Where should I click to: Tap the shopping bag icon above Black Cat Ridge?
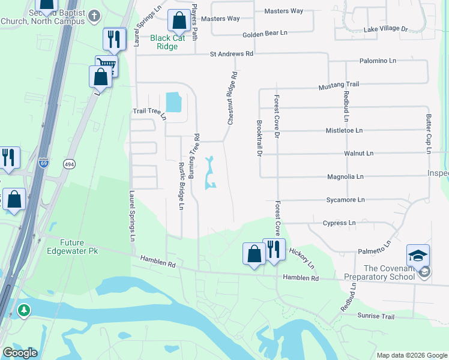[179, 22]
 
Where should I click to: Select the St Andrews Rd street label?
[232, 54]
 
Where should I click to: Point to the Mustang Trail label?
[339, 85]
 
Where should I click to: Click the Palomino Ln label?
[378, 61]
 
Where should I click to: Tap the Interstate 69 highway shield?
[44, 163]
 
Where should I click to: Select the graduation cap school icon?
[418, 256]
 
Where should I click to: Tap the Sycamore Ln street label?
[345, 200]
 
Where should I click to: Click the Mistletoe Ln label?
[344, 130]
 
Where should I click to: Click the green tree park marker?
[23, 310]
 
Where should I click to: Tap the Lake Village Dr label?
[385, 29]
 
